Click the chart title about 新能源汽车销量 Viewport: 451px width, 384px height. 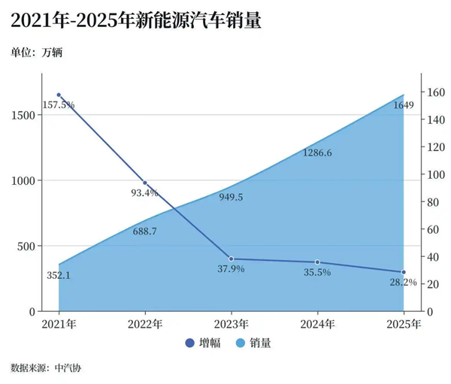coord(136,21)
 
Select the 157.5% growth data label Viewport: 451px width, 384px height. coord(59,104)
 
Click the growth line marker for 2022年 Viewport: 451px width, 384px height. coord(145,183)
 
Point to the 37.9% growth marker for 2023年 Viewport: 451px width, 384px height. coord(231,259)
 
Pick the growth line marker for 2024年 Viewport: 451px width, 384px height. coord(317,262)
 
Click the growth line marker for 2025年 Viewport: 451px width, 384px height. coord(403,272)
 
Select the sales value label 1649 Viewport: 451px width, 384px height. coord(404,105)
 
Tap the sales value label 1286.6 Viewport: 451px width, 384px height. coord(317,153)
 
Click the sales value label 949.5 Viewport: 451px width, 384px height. coord(231,198)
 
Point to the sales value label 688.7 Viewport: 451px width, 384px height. coord(144,231)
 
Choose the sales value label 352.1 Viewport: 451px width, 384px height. coord(59,276)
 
